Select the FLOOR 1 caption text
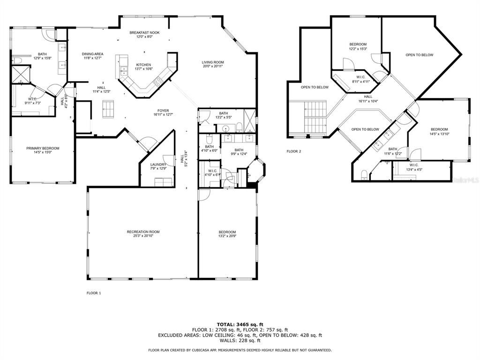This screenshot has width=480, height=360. [94, 293]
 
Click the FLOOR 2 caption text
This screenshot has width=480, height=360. [294, 151]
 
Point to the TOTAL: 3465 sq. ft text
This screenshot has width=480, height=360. [240, 324]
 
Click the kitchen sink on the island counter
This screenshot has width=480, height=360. [123, 71]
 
